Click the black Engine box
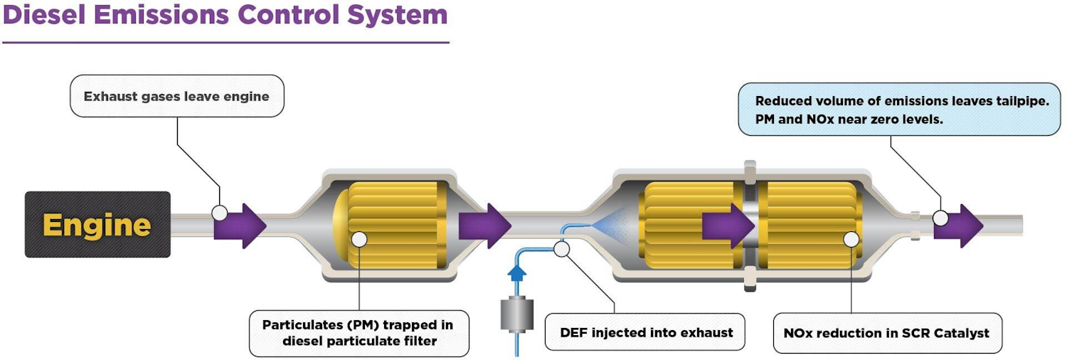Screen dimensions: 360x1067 pyautogui.click(x=97, y=225)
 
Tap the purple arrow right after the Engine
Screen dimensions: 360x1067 pyautogui.click(x=240, y=226)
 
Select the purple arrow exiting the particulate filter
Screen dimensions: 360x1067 pyautogui.click(x=484, y=226)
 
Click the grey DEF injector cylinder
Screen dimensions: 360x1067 pyautogui.click(x=517, y=313)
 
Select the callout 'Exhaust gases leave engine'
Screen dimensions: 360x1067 pyautogui.click(x=176, y=96)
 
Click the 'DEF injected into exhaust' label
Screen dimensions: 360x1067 pyautogui.click(x=645, y=332)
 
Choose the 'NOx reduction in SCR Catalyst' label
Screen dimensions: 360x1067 pyautogui.click(x=886, y=333)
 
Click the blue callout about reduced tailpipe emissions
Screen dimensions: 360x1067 pyautogui.click(x=901, y=110)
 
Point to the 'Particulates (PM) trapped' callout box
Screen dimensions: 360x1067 pyautogui.click(x=359, y=333)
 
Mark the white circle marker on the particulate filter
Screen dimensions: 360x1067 pyautogui.click(x=359, y=240)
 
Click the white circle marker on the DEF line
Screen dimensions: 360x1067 pyautogui.click(x=562, y=248)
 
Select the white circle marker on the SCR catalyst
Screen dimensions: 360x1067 pyautogui.click(x=851, y=239)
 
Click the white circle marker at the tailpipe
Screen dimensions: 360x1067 pyautogui.click(x=940, y=218)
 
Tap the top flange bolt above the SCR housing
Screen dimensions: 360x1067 pyautogui.click(x=749, y=170)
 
